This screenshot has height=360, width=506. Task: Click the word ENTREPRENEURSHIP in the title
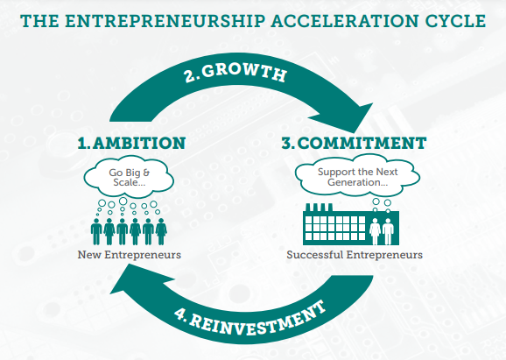pyautogui.click(x=165, y=21)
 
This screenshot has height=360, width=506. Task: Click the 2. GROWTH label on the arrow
pyautogui.click(x=235, y=73)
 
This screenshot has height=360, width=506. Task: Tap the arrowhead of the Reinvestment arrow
pyautogui.click(x=136, y=279)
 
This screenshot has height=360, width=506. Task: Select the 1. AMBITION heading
pyautogui.click(x=131, y=143)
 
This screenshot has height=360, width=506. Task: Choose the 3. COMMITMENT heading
pyautogui.click(x=354, y=143)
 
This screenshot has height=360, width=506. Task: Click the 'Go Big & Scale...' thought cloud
pyautogui.click(x=129, y=178)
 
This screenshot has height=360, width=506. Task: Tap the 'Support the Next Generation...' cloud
pyautogui.click(x=357, y=176)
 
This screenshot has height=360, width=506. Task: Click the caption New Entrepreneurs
pyautogui.click(x=129, y=255)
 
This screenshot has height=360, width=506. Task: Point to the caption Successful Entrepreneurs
pyautogui.click(x=355, y=255)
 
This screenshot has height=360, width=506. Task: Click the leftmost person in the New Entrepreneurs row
pyautogui.click(x=96, y=231)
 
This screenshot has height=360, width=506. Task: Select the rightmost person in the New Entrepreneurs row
pyautogui.click(x=161, y=231)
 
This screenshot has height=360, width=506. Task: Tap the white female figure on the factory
pyautogui.click(x=375, y=231)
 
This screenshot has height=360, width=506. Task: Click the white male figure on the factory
pyautogui.click(x=388, y=231)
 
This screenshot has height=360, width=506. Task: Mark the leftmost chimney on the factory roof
pyautogui.click(x=308, y=208)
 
